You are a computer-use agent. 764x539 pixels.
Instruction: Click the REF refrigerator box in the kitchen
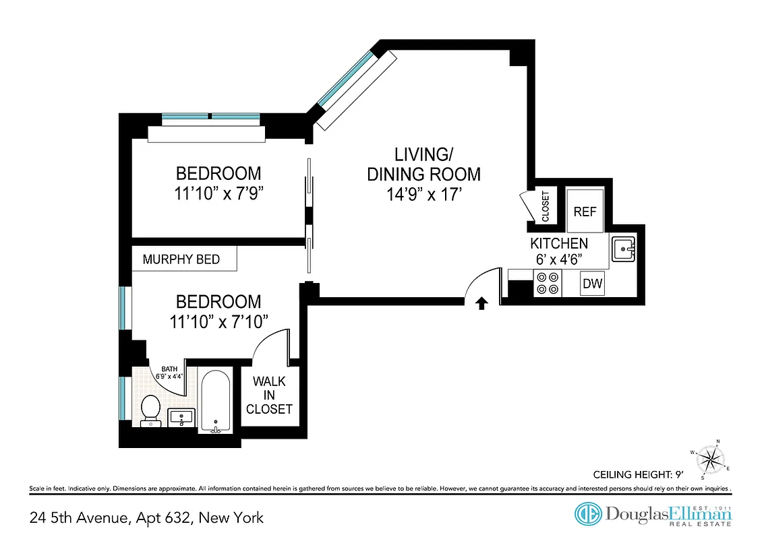pyautogui.click(x=585, y=211)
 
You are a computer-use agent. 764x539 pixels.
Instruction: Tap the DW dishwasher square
pyautogui.click(x=592, y=284)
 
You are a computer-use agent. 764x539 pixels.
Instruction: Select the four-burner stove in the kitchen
pyautogui.click(x=547, y=283)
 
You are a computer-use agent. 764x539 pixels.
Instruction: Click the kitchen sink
pyautogui.click(x=624, y=249)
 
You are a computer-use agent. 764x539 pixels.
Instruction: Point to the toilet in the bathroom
pyautogui.click(x=150, y=410)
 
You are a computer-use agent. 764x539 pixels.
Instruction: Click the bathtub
pyautogui.click(x=216, y=401)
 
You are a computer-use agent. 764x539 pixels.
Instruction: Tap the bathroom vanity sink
pyautogui.click(x=180, y=417)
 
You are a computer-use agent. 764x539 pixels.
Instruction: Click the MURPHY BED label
pyautogui.click(x=181, y=259)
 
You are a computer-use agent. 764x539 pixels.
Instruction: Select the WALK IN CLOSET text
pyautogui.click(x=269, y=395)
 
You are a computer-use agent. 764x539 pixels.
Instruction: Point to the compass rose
pyautogui.click(x=709, y=460)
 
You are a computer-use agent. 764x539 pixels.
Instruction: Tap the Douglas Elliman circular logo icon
pyautogui.click(x=588, y=514)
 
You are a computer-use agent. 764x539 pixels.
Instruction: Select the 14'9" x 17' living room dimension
pyautogui.click(x=423, y=194)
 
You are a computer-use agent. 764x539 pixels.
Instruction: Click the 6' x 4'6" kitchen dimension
pyautogui.click(x=558, y=259)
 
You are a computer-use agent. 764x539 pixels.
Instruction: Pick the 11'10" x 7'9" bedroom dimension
pyautogui.click(x=218, y=193)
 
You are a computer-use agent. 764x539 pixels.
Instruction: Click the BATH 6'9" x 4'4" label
pyautogui.click(x=169, y=373)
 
